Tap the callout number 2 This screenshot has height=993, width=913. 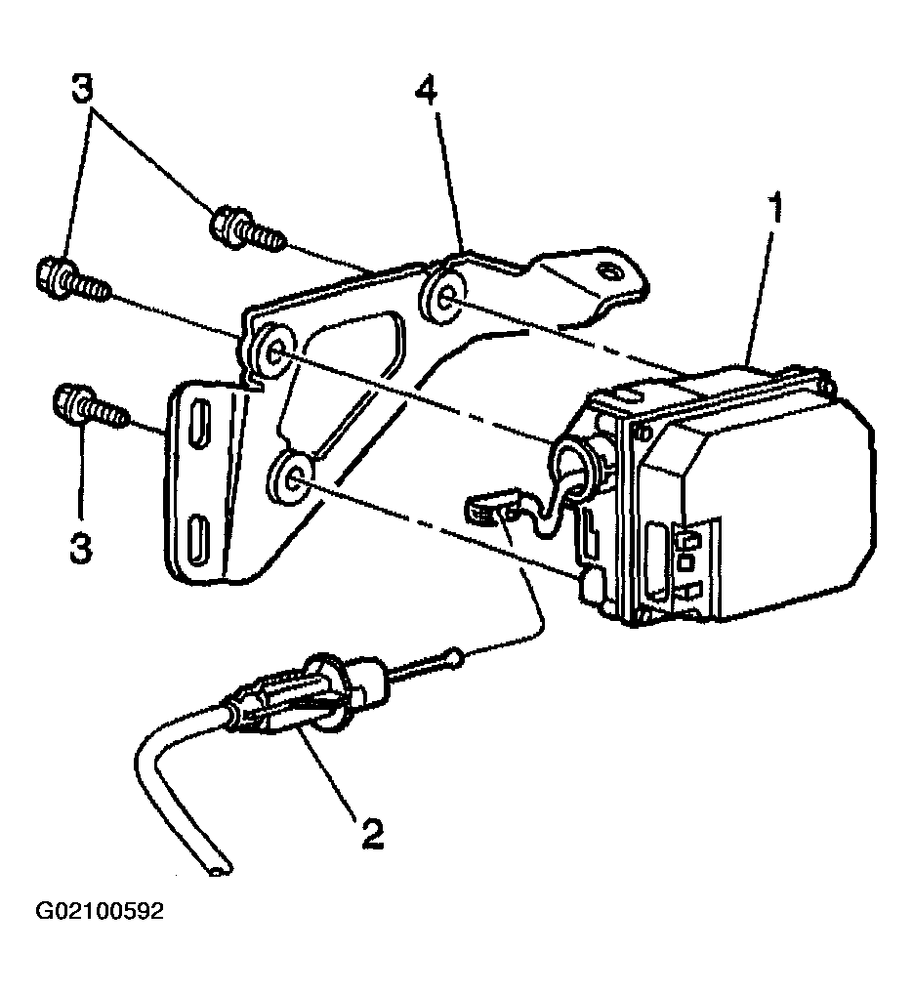click(371, 833)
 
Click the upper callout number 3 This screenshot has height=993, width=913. click(82, 89)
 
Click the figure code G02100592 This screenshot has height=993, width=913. click(101, 912)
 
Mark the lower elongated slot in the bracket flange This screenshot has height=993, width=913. click(198, 536)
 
